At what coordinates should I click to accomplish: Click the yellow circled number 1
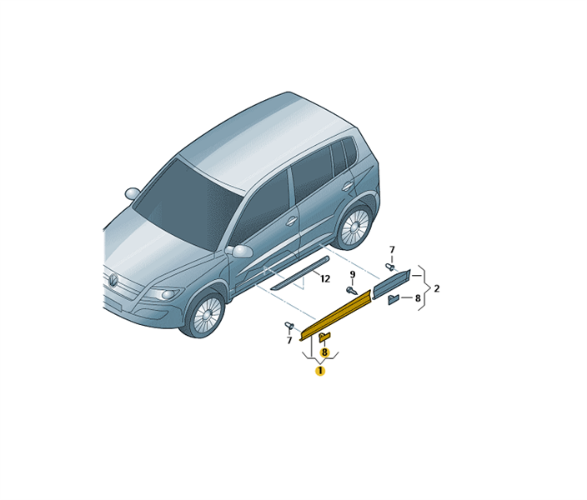point(320,371)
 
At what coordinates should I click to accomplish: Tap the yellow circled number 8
point(324,352)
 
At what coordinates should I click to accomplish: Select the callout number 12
point(325,279)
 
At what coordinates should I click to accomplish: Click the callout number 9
point(352,275)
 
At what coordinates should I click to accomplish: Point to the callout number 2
point(437,288)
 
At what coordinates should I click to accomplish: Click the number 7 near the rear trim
point(392,250)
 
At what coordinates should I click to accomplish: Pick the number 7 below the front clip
point(289,341)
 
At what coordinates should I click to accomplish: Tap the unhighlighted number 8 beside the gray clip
point(418,298)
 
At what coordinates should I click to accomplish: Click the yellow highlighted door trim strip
point(335,316)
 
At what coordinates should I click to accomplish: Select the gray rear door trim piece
point(392,283)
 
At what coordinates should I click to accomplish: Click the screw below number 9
point(352,291)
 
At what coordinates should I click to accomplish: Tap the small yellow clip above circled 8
point(324,337)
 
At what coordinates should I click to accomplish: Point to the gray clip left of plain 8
point(394,299)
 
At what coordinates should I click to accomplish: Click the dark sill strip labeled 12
point(300,273)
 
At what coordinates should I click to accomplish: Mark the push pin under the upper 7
point(390,267)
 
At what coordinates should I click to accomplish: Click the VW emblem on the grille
point(113,280)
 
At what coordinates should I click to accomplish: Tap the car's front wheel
point(204,314)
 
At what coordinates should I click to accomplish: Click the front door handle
point(291,221)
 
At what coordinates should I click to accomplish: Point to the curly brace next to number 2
point(424,288)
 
